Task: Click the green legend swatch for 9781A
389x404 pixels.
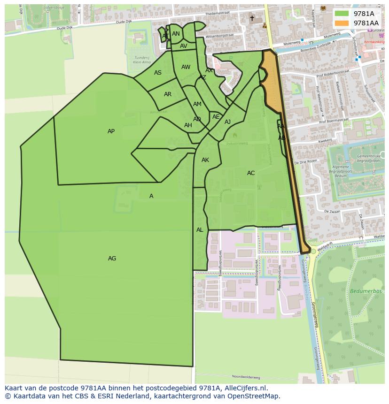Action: pyautogui.click(x=342, y=14)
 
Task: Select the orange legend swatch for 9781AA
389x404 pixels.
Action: pyautogui.click(x=342, y=23)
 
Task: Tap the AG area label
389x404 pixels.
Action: pyautogui.click(x=112, y=259)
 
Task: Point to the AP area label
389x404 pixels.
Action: pyautogui.click(x=111, y=131)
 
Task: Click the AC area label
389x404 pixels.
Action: pyautogui.click(x=251, y=173)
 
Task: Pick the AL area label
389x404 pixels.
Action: pyautogui.click(x=200, y=230)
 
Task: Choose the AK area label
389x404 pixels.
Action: pyautogui.click(x=205, y=160)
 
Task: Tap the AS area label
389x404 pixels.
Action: pyautogui.click(x=158, y=73)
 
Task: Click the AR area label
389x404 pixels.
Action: pyautogui.click(x=168, y=94)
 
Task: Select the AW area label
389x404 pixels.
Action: pyautogui.click(x=186, y=67)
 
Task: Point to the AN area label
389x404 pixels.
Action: pyautogui.click(x=176, y=34)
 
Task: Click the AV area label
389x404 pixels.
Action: pyautogui.click(x=184, y=46)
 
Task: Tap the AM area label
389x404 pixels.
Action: pyautogui.click(x=197, y=104)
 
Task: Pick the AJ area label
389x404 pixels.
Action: pyautogui.click(x=228, y=122)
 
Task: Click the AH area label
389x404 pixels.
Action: pyautogui.click(x=188, y=125)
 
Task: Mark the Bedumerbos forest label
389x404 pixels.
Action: pyautogui.click(x=362, y=291)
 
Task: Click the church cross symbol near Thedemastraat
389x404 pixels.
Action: pyautogui.click(x=252, y=18)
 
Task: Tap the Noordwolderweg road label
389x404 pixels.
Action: pyautogui.click(x=246, y=377)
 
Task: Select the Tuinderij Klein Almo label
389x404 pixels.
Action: pyautogui.click(x=142, y=60)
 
